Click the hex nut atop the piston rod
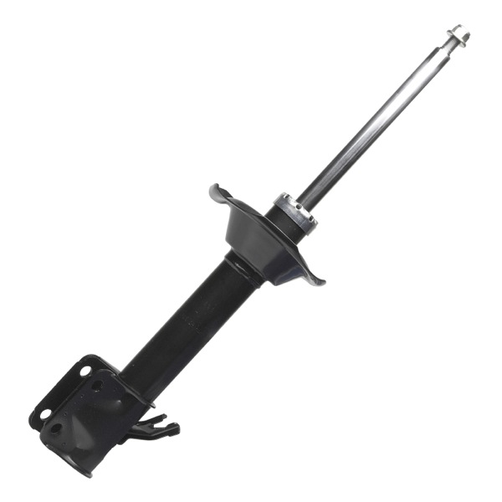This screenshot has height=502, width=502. pyautogui.click(x=458, y=34)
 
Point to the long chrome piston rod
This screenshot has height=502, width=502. pyautogui.click(x=376, y=125)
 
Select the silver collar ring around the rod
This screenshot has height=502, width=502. pyautogui.click(x=295, y=213)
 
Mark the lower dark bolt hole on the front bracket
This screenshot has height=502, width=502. pyautogui.click(x=57, y=430)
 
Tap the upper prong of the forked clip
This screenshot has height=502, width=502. pyautogui.click(x=163, y=418)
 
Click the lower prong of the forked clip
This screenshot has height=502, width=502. pyautogui.click(x=171, y=430)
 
